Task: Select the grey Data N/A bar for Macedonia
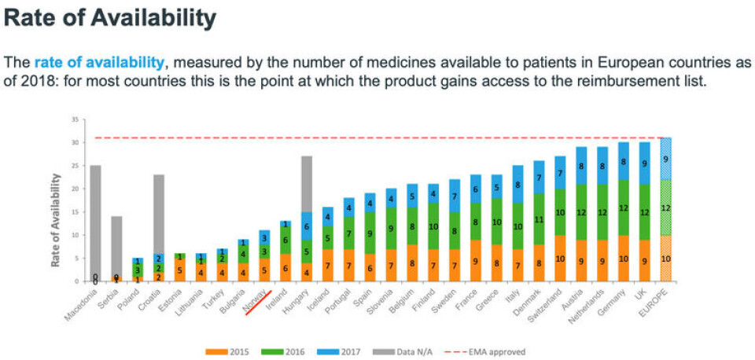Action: tap(95, 220)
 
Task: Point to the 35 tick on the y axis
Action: tap(75, 119)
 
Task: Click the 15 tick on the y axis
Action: tap(75, 212)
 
